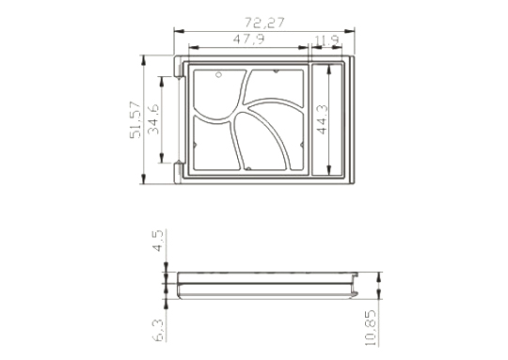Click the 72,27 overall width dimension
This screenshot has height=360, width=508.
(264, 23)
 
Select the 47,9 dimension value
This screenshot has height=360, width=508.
(248, 39)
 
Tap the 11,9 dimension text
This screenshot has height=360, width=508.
(326, 40)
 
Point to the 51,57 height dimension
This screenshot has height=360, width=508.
(135, 120)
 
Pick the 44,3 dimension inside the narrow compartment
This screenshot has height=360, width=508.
(323, 119)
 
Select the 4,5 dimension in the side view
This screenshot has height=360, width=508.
(158, 242)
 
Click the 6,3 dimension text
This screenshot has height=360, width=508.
(159, 330)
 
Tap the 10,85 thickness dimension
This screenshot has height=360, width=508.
(371, 328)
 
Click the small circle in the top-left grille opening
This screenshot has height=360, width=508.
(218, 75)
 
